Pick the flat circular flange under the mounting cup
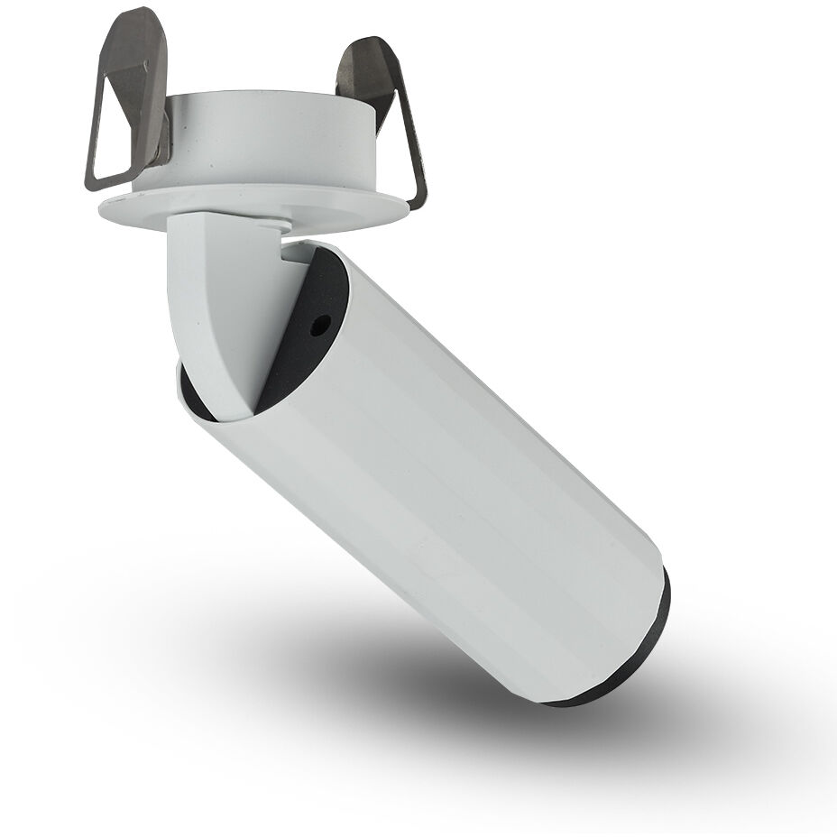point(253,206)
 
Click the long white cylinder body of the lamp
point(451,478)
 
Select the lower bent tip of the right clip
point(417,194)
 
